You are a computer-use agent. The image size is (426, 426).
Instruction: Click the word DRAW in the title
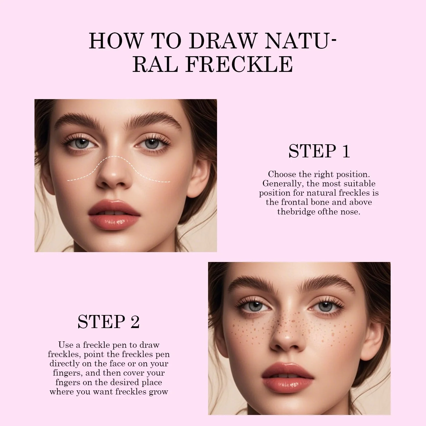coord(223,41)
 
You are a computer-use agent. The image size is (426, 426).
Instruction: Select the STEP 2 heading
coord(109,322)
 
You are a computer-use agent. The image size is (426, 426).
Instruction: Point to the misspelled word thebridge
coord(296,212)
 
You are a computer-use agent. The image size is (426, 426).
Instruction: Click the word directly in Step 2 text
coord(65,364)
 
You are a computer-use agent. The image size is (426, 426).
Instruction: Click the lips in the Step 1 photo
coord(114,214)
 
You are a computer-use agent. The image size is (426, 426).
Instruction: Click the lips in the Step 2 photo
coord(287,377)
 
